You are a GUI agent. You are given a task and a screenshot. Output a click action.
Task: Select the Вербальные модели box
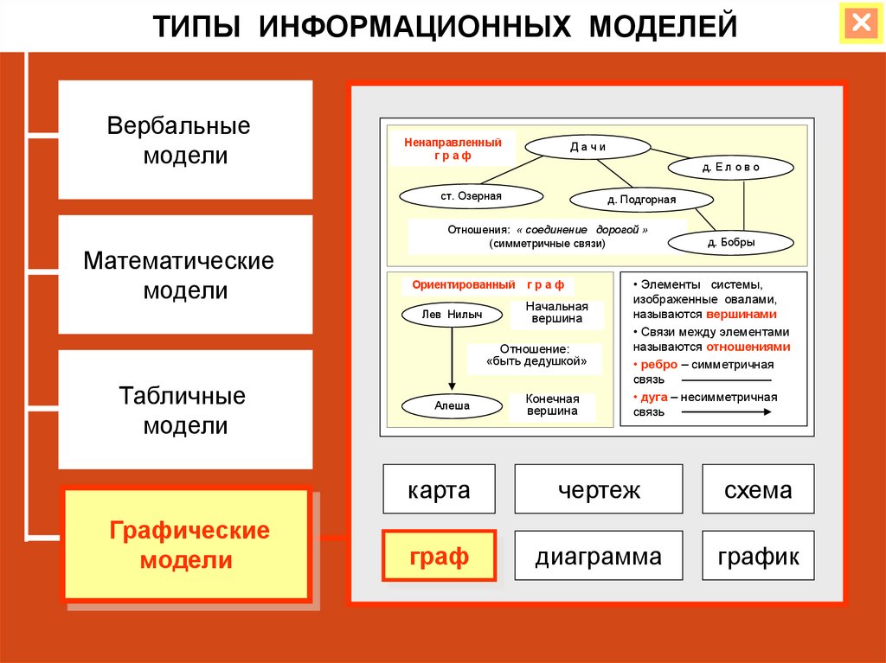pos(185,140)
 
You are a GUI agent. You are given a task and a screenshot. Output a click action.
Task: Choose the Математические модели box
pos(185,275)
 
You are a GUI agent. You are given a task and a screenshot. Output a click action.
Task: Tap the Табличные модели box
pos(185,410)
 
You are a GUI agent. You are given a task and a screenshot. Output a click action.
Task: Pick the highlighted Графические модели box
pos(185,545)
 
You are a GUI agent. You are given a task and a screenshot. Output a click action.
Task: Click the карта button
pos(440,490)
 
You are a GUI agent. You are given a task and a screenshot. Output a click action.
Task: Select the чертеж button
pos(599,490)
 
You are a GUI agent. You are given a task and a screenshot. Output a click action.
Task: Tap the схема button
pos(759,490)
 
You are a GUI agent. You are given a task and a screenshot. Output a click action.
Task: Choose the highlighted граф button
pos(440,556)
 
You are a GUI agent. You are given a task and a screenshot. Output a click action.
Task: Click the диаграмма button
pos(599,556)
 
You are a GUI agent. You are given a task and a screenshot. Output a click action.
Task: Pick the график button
pos(759,556)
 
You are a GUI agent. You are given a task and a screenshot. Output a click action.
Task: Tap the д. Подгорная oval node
pos(635,200)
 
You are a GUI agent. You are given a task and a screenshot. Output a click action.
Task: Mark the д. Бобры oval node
pos(730,243)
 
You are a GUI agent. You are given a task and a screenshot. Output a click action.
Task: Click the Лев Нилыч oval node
pos(451,315)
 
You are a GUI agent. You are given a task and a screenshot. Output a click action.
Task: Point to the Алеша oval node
pos(451,404)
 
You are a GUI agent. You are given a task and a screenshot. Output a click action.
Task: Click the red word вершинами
pos(742,315)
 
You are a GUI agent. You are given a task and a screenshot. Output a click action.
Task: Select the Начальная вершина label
pos(557,313)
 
